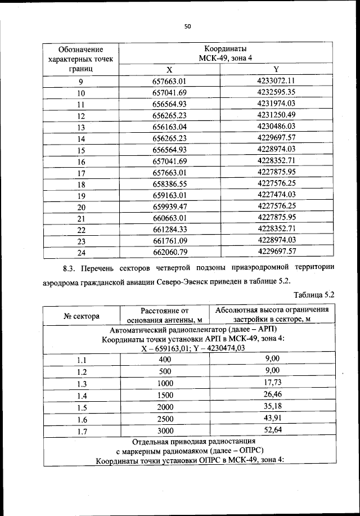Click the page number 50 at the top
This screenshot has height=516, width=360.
pyautogui.click(x=187, y=25)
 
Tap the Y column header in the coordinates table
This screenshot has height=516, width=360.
pyautogui.click(x=276, y=69)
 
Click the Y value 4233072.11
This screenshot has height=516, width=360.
pyautogui.click(x=276, y=80)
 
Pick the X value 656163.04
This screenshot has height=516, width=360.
pyautogui.click(x=169, y=127)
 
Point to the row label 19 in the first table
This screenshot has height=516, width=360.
pyautogui.click(x=81, y=196)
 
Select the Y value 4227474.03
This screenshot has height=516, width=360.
pyautogui.click(x=276, y=196)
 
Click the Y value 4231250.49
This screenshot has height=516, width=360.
pyautogui.click(x=276, y=115)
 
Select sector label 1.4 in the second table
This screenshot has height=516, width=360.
pyautogui.click(x=81, y=396)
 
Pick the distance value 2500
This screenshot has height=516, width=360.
pyautogui.click(x=165, y=419)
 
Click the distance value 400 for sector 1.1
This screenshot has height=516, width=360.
pyautogui.click(x=165, y=359)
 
